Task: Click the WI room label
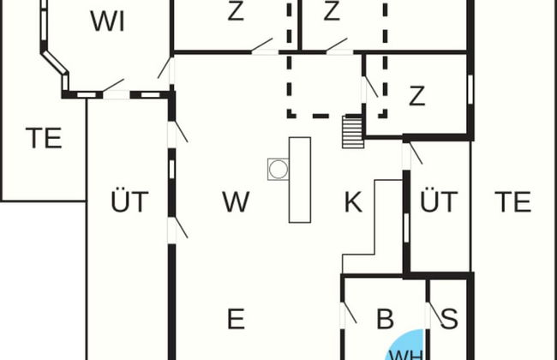coord(107,21)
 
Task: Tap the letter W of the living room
coord(236,201)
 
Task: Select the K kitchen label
coord(353,201)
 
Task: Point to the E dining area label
coord(236,319)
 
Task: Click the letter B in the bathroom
coord(385,319)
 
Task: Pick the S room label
coord(449,319)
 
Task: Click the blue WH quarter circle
coord(406,345)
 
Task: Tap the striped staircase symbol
coord(353,131)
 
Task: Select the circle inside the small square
coord(278,169)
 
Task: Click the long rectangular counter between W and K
coord(300,180)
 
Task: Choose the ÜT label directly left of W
coord(129,201)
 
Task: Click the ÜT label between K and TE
coord(439,201)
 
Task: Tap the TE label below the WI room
coord(44,138)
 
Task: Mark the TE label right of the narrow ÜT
coord(513,201)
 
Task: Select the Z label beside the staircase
coord(417,96)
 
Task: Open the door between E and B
coord(348,315)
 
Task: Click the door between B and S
coord(434,315)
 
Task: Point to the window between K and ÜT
coord(406,228)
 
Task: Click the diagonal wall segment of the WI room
coord(54,63)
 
